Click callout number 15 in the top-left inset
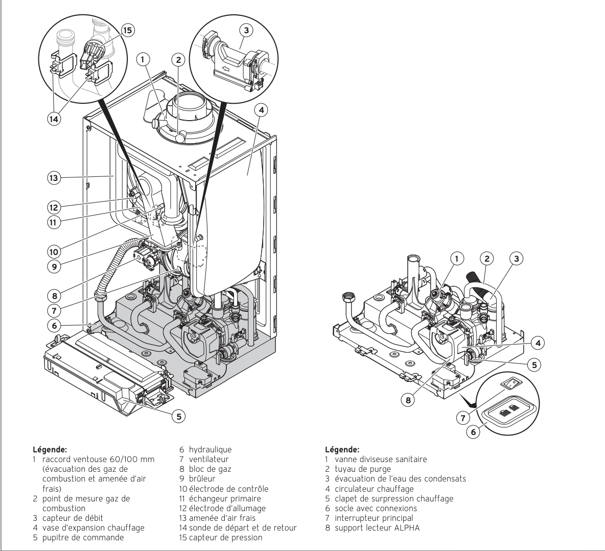127,30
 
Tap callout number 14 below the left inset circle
54,119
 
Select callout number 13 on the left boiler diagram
54,178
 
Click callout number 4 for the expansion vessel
261,110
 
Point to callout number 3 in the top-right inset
247,30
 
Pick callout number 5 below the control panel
178,417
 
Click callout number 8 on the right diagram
408,400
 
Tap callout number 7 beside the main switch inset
463,418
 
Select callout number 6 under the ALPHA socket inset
474,432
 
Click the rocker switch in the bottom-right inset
511,383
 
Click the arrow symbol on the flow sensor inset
226,70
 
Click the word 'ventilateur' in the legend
208,459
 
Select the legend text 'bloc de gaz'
210,469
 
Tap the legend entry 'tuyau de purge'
363,469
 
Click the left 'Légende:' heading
50,449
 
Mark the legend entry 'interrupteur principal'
374,518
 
